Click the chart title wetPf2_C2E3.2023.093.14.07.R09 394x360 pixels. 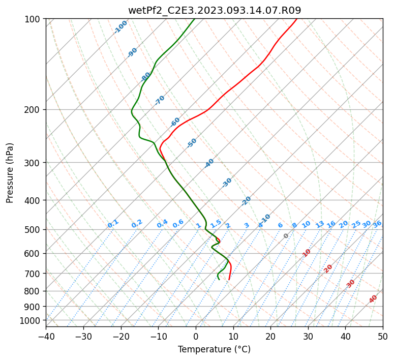click(215, 11)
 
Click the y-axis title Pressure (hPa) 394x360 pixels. click(10, 173)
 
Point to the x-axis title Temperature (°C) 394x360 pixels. click(215, 349)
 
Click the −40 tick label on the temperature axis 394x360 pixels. click(46, 337)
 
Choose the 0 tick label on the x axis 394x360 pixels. click(196, 337)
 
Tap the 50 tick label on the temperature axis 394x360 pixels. click(383, 337)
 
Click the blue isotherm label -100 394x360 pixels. click(120, 27)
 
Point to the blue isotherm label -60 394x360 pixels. click(175, 122)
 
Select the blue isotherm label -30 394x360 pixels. click(227, 183)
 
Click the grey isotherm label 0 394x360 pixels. click(286, 236)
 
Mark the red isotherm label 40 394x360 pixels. click(373, 299)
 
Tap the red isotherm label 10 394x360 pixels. click(307, 253)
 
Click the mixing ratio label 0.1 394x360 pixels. click(113, 224)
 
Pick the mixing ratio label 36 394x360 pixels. click(377, 224)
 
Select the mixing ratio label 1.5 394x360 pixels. click(216, 224)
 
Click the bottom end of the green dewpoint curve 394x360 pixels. click(219, 279)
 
